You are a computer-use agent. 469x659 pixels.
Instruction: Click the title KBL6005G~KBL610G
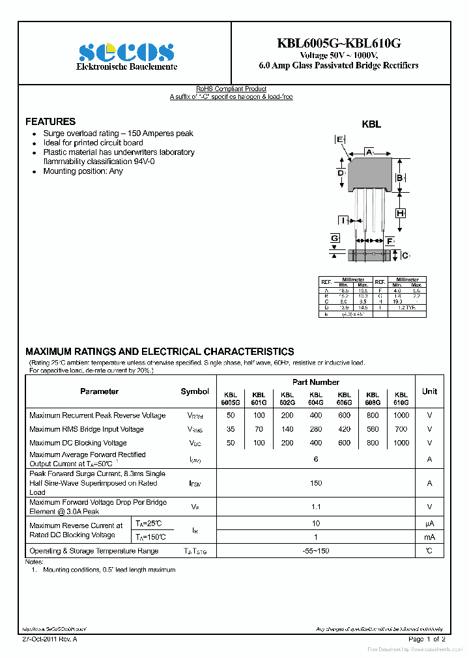coord(339,43)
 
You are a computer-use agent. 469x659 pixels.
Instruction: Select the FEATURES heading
coord(50,122)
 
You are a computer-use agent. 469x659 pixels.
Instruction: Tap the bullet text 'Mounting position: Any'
coord(83,171)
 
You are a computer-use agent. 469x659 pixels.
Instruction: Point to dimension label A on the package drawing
coord(369,152)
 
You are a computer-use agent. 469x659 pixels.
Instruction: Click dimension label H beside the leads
coord(401,213)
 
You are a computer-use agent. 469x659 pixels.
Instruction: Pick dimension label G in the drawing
coord(335,239)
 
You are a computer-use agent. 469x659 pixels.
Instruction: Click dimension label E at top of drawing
coord(339,139)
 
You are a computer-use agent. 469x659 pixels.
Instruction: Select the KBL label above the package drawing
coord(371,124)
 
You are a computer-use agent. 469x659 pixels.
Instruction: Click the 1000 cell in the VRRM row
coord(401,415)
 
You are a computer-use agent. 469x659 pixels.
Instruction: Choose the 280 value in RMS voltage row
coord(316,429)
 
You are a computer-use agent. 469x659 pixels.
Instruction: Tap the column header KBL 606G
coord(345,399)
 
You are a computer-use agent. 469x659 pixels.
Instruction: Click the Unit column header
coord(429,391)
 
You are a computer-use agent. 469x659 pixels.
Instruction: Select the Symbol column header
coord(195,391)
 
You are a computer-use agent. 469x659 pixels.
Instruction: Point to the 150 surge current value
coord(316,483)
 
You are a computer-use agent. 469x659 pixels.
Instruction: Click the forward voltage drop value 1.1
coord(316,507)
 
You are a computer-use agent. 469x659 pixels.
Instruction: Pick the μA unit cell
coord(429,524)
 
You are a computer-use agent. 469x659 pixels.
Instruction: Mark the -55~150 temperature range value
coord(316,551)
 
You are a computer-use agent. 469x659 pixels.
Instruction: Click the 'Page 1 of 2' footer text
coord(427,639)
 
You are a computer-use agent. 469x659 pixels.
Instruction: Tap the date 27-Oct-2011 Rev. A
coord(50,639)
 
